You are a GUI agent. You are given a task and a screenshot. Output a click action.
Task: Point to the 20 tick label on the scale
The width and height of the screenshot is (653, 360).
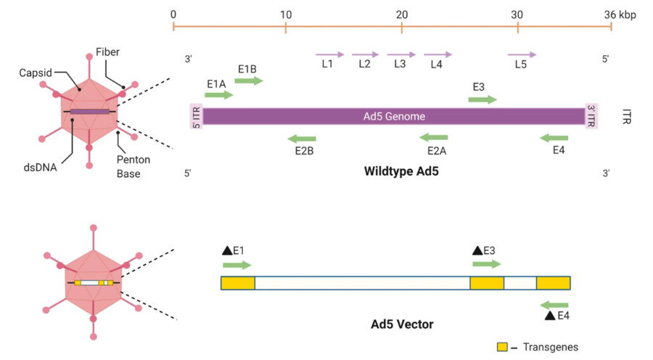[401, 15]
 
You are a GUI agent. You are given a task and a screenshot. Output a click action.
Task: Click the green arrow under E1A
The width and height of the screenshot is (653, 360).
[219, 95]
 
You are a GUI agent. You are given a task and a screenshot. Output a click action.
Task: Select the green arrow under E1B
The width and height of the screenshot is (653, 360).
[249, 81]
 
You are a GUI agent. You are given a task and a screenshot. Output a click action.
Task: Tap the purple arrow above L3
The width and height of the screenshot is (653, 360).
[401, 54]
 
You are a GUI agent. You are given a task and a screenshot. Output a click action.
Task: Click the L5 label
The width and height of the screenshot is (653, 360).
[520, 65]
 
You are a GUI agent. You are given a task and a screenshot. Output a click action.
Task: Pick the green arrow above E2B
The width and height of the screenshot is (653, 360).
[302, 138]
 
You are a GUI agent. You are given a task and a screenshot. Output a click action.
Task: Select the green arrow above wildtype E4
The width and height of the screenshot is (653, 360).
[554, 138]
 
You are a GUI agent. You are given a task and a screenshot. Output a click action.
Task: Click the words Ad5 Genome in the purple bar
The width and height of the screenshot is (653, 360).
[394, 116]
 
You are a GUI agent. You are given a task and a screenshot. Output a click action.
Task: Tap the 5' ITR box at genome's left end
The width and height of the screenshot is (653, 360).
[195, 116]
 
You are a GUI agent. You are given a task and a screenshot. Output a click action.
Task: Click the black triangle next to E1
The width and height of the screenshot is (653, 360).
[226, 250]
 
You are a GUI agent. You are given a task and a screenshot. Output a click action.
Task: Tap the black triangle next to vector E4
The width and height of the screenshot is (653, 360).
[550, 315]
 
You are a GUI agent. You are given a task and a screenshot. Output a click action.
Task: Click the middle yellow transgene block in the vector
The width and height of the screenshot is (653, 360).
[487, 283]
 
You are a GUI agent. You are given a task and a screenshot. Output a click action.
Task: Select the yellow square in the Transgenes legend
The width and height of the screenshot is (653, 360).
[502, 347]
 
